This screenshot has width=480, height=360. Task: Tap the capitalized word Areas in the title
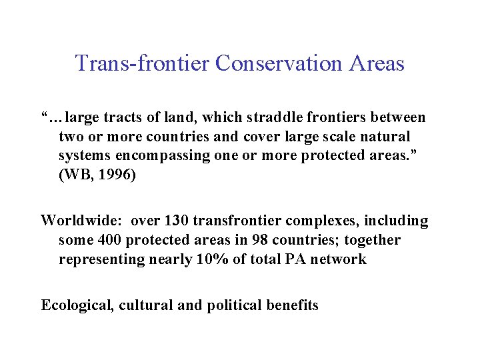pos(377,63)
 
